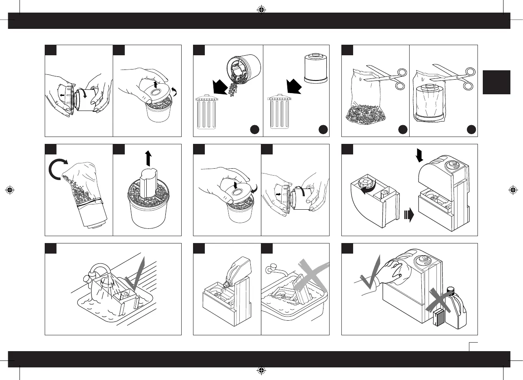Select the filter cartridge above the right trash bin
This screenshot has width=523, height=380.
pos(315,69)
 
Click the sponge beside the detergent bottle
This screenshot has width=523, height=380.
pos(438,317)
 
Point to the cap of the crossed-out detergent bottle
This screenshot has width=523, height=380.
pos(449,291)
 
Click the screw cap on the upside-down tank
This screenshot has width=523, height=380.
pos(367,182)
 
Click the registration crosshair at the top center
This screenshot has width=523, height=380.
pos(261,9)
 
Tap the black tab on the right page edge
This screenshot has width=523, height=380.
pos(496,82)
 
